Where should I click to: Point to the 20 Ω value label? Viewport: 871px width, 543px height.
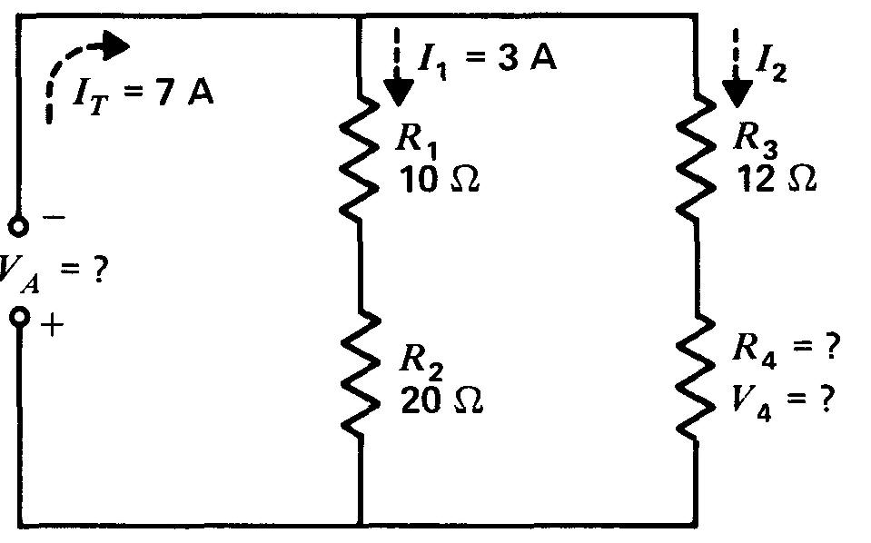coord(441,400)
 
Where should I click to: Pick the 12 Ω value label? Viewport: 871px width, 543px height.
coord(776,179)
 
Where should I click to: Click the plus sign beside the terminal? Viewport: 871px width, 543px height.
coord(53,325)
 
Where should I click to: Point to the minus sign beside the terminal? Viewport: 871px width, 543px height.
coord(54,219)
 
